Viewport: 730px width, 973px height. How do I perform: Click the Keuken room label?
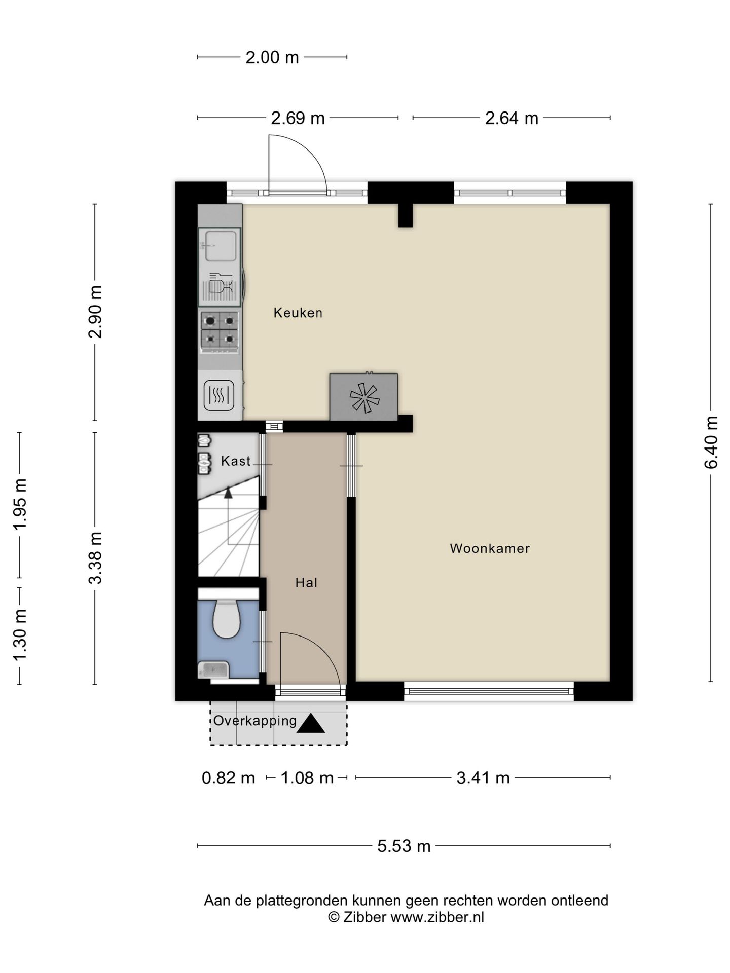coord(298,313)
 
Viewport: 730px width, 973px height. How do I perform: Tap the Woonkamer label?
coord(490,548)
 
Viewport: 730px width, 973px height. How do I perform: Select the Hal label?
coord(306,583)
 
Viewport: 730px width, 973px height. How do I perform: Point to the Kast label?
coord(236,461)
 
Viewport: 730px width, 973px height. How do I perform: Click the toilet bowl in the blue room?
coord(226,619)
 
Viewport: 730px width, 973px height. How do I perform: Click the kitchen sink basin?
coord(221,246)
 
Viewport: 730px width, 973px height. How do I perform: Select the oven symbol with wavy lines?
coord(219,395)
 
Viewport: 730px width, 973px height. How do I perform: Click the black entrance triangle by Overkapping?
coord(311,724)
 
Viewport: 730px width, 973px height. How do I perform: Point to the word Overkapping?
coord(255,721)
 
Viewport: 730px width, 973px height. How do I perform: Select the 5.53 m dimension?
coord(404,846)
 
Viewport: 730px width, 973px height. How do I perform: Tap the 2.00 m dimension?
coord(272,57)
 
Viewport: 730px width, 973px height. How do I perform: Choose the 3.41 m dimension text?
coord(483,778)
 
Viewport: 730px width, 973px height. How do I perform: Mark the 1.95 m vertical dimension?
coord(20,505)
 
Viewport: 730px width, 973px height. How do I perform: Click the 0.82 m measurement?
coord(228,778)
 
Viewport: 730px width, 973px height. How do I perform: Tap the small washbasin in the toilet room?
coord(213,670)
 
